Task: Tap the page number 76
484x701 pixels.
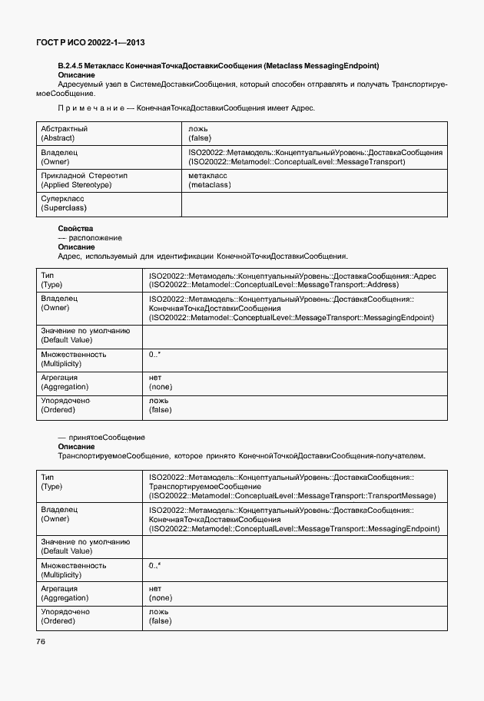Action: point(41,641)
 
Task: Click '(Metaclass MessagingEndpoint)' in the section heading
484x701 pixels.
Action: point(327,66)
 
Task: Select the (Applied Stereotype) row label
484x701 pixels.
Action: point(76,185)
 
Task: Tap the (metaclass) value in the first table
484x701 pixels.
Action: point(208,185)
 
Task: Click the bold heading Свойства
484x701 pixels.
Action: point(75,229)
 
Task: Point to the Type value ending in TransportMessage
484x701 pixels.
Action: point(293,496)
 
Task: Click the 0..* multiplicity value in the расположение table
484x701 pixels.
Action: point(154,355)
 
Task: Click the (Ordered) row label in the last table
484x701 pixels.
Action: point(57,620)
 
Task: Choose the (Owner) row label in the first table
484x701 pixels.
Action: point(55,161)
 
